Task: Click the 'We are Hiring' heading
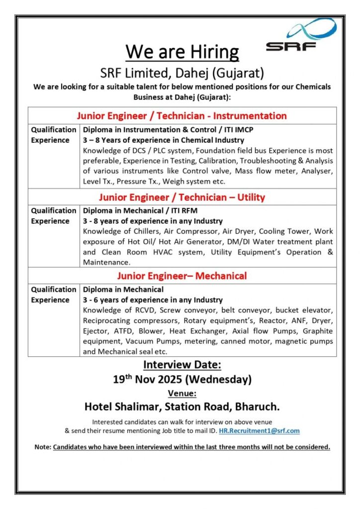click(182, 51)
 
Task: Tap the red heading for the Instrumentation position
click(182, 116)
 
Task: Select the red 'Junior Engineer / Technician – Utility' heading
click(182, 197)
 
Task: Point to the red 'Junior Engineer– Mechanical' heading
click(182, 276)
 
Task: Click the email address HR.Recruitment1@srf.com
click(259, 430)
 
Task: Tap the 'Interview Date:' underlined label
click(182, 365)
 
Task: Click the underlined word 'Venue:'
click(182, 394)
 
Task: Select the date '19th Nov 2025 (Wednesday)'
click(182, 379)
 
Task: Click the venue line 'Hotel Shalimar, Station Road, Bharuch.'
click(182, 407)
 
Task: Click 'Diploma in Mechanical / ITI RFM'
click(140, 211)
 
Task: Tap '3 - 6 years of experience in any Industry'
click(153, 300)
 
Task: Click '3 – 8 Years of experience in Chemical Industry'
click(164, 140)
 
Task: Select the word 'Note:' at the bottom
click(43, 447)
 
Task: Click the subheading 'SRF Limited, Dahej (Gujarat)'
click(182, 73)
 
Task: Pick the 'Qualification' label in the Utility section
click(54, 211)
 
